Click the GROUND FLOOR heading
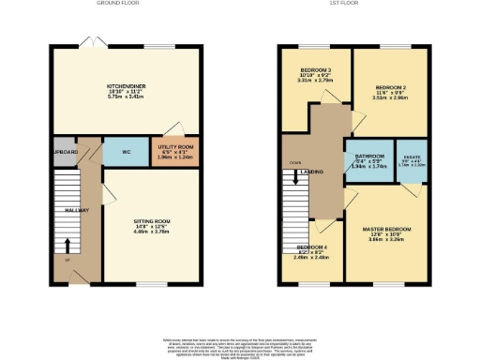click(118, 4)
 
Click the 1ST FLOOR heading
click(340, 4)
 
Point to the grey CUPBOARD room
click(64, 151)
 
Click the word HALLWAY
click(76, 210)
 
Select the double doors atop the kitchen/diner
click(89, 45)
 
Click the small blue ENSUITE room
click(412, 158)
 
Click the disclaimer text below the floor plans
click(240, 343)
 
